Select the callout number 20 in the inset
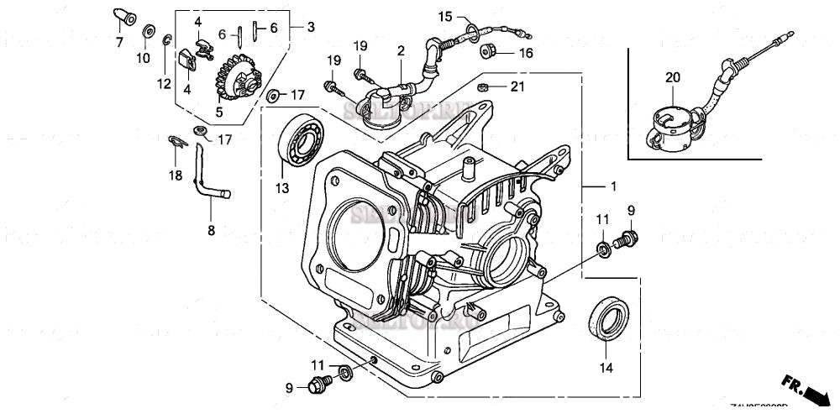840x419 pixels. tap(672, 77)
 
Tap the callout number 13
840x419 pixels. tap(281, 186)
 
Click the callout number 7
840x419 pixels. tap(118, 41)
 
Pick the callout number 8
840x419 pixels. tap(211, 228)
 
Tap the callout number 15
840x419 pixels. tap(444, 16)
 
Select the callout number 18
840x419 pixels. tap(175, 174)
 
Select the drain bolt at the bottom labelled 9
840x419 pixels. tap(320, 385)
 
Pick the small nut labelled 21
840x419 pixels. tap(484, 86)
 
